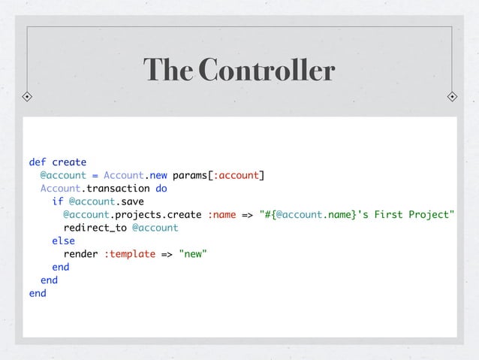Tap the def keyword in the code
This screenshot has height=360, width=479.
tap(38, 162)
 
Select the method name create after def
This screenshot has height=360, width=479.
tap(69, 162)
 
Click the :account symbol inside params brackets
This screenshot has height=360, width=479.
tap(236, 175)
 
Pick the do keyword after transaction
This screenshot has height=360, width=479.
tap(161, 189)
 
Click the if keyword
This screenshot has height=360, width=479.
tap(58, 201)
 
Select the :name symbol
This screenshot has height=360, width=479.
tap(221, 214)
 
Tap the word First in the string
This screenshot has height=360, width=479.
tap(389, 214)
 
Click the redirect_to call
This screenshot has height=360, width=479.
tap(95, 228)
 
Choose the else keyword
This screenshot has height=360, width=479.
tap(63, 241)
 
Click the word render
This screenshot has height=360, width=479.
tap(80, 254)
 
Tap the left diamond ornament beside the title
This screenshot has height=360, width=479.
tap(27, 97)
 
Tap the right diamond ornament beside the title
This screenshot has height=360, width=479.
tap(452, 97)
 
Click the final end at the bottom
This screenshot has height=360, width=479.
tap(38, 293)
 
